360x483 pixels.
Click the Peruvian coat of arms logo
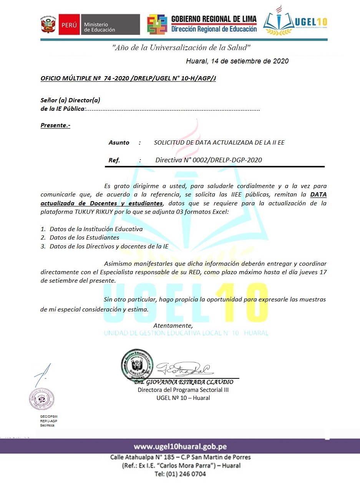tap(48, 25)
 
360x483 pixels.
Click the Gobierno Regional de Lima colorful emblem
tap(158, 25)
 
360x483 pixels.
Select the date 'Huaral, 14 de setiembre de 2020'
tap(237, 61)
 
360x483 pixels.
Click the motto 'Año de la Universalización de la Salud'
tap(181, 48)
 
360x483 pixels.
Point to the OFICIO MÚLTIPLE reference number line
tap(128, 78)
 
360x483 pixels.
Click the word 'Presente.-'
tap(55, 125)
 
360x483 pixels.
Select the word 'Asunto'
tap(119, 142)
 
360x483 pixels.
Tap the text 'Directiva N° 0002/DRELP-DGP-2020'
tap(209, 160)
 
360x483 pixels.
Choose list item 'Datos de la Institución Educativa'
tap(96, 229)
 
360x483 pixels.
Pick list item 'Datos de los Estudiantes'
tap(84, 238)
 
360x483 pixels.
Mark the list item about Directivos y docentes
tap(109, 246)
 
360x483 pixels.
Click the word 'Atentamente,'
tap(173, 326)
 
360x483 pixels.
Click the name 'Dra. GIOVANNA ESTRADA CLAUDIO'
tap(183, 382)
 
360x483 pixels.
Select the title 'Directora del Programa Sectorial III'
tap(183, 390)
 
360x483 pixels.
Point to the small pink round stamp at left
tap(42, 399)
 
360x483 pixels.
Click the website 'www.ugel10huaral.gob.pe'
tap(180, 446)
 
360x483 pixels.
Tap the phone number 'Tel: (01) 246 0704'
tap(180, 474)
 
